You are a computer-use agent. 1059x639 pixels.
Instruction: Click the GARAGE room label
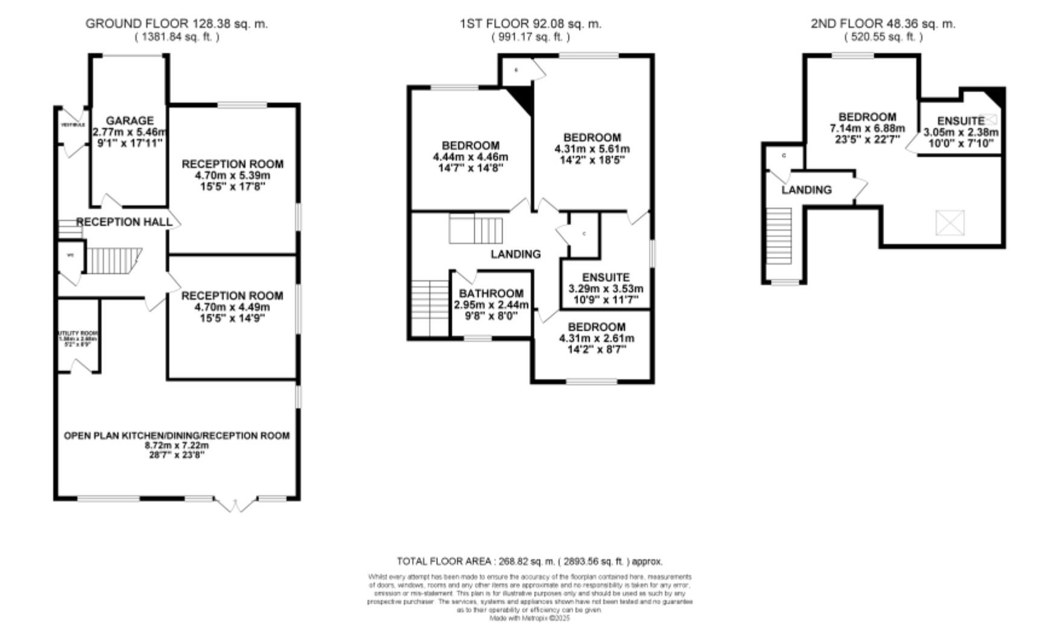(x=129, y=120)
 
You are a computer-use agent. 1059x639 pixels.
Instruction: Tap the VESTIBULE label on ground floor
(x=73, y=125)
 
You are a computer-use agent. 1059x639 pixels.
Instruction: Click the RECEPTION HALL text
(x=124, y=222)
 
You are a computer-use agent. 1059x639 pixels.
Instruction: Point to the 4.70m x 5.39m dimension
(x=233, y=176)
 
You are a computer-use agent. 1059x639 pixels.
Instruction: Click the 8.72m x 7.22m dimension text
(x=176, y=446)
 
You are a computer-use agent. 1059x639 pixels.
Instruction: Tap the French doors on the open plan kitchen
(x=236, y=504)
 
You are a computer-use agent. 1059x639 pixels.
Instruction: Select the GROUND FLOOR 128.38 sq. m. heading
(x=176, y=24)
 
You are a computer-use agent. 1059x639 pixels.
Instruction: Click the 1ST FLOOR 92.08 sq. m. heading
(x=530, y=24)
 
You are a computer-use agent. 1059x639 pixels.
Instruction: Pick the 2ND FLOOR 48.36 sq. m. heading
(x=883, y=24)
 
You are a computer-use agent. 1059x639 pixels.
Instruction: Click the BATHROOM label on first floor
(x=491, y=294)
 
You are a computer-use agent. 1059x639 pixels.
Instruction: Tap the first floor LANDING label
(x=515, y=254)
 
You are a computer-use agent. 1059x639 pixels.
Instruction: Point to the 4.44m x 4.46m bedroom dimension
(x=471, y=157)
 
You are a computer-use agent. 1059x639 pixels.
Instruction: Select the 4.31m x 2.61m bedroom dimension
(x=597, y=338)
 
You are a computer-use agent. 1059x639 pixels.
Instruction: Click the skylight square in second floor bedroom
(x=950, y=223)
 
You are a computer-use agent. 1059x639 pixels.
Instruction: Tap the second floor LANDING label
(x=806, y=190)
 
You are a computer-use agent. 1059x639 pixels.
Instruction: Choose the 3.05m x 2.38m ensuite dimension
(x=961, y=132)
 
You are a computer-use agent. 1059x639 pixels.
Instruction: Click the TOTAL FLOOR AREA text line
(x=529, y=561)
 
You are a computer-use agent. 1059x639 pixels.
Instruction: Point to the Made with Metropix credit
(x=529, y=618)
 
